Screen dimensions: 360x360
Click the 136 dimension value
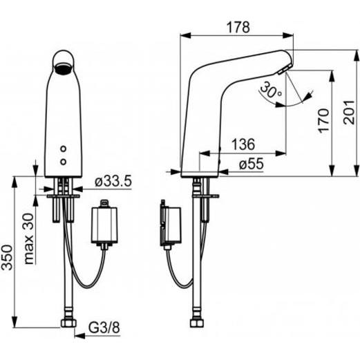(242, 145)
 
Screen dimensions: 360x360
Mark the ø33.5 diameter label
(112, 181)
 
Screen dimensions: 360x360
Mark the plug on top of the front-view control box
(104, 205)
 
